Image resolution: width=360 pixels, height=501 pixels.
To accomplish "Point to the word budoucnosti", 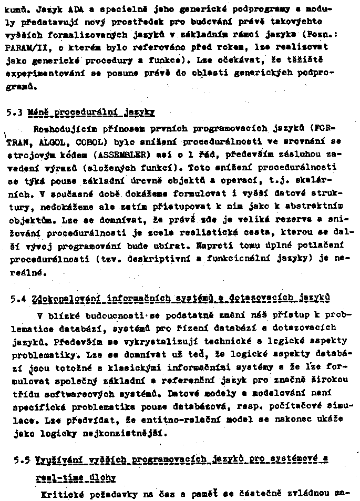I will pyautogui.click(x=120, y=315).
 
